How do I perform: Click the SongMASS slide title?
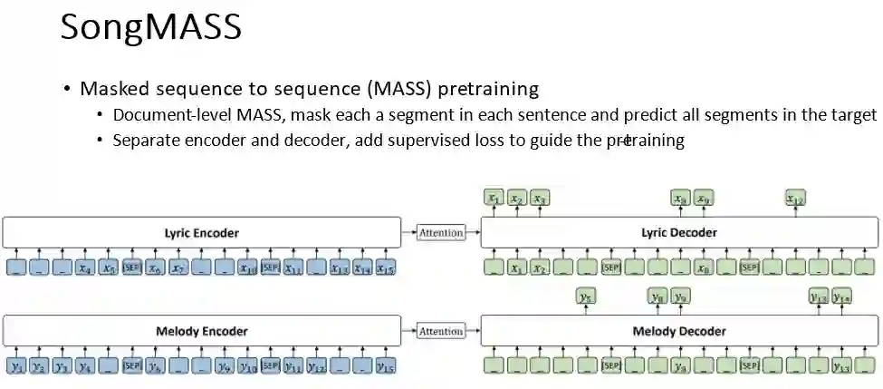[150, 28]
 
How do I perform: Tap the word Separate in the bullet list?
[146, 141]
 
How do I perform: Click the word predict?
[650, 115]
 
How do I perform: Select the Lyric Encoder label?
[202, 233]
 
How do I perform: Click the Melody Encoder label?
[202, 331]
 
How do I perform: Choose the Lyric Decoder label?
[679, 233]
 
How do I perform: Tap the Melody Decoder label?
[679, 331]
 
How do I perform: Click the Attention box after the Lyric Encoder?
[441, 233]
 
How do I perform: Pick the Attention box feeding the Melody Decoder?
[441, 331]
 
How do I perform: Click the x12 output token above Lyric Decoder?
[795, 198]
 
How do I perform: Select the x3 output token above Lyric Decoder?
[539, 198]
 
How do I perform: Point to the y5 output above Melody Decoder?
[585, 296]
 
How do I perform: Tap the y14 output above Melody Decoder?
[841, 296]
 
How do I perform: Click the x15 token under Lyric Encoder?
[385, 267]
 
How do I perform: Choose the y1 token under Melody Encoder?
[16, 366]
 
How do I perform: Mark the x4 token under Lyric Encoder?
[85, 267]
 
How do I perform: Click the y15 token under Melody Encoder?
[385, 366]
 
